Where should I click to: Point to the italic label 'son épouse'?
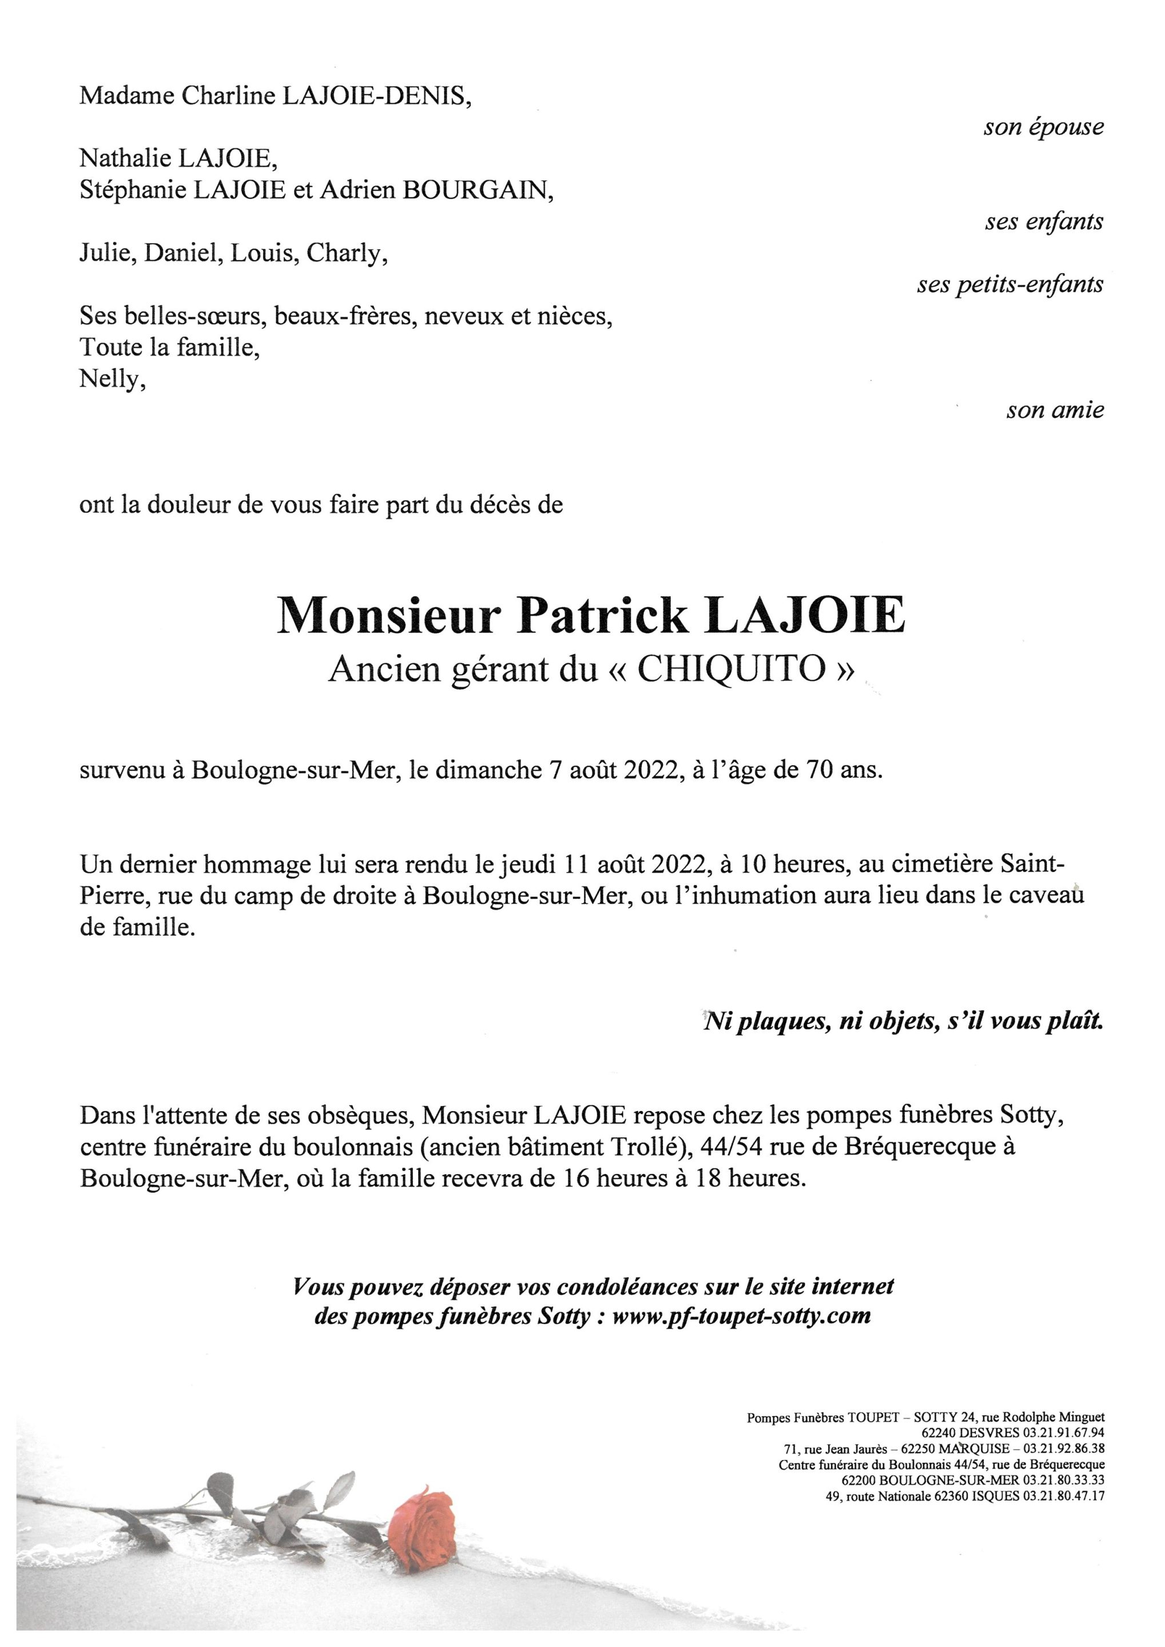point(1043,128)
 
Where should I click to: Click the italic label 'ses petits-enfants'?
point(1009,285)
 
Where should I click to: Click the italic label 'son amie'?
point(1055,411)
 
